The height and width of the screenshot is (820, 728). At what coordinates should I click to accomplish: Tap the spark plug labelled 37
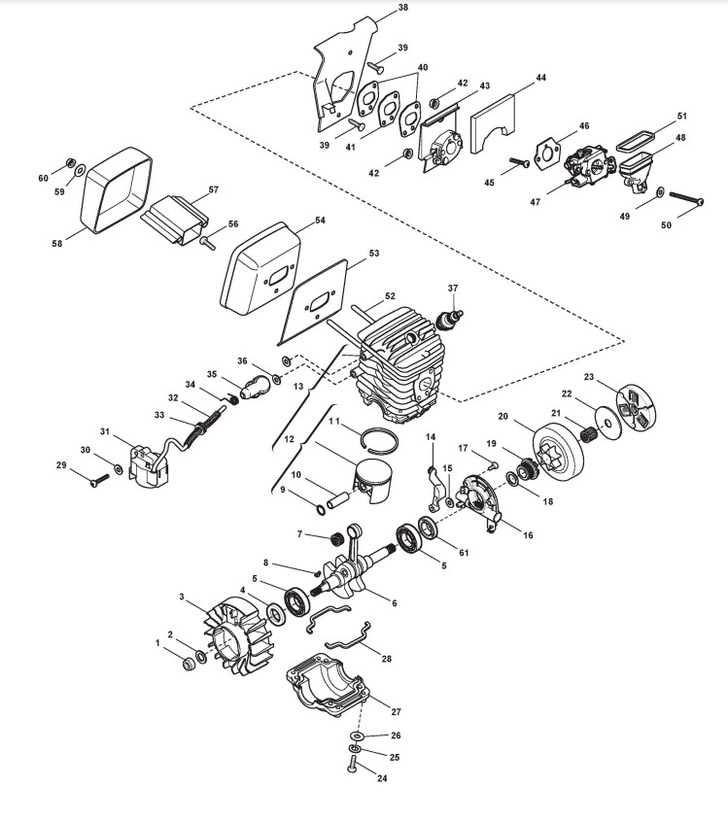tap(452, 319)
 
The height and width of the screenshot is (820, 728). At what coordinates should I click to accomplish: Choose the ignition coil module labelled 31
tap(149, 461)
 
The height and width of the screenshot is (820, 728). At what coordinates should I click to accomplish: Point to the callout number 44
tap(540, 77)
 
